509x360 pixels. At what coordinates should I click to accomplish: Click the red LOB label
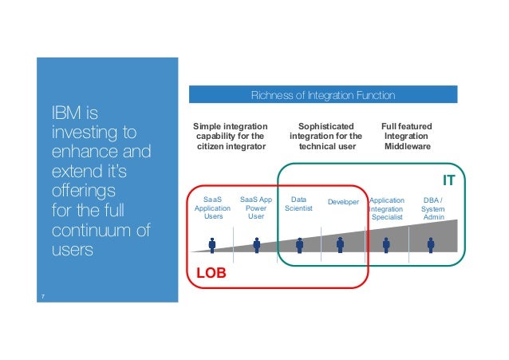(211, 272)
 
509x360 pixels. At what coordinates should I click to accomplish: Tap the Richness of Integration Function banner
(322, 96)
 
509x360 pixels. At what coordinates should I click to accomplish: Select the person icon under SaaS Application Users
(212, 245)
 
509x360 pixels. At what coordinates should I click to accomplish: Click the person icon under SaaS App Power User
(257, 244)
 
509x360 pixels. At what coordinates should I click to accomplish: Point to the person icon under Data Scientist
(299, 244)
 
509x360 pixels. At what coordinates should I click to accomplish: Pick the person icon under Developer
(341, 243)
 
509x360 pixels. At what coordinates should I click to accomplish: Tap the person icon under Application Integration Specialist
(387, 243)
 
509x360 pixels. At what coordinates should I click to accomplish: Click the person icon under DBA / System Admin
(431, 243)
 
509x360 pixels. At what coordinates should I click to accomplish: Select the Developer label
(343, 202)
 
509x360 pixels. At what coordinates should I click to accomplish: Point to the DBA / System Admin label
(433, 208)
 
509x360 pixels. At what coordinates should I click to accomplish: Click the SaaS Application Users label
(213, 208)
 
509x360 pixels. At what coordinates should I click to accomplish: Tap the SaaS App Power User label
(256, 208)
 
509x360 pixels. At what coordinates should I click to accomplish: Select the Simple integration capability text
(231, 136)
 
